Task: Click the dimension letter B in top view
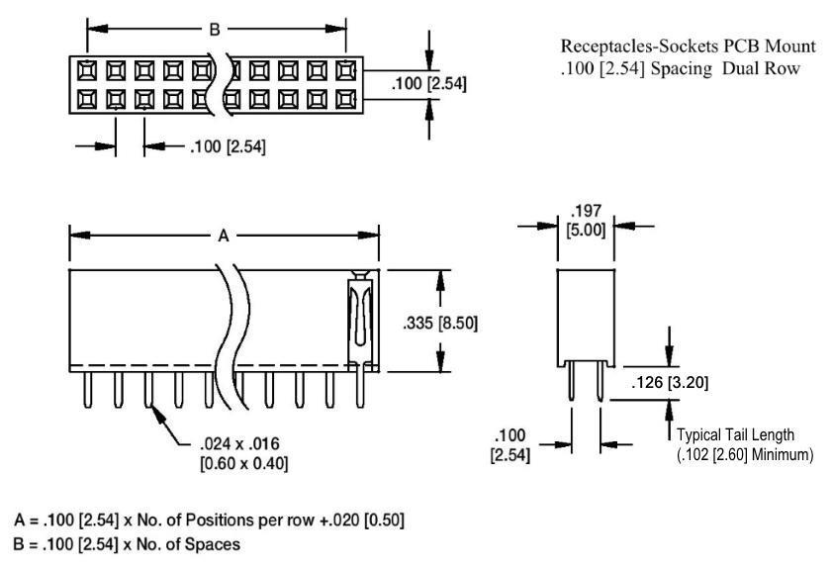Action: tap(214, 30)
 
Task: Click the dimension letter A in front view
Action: tap(224, 237)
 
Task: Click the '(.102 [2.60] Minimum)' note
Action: tap(746, 454)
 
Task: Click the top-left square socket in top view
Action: tap(85, 69)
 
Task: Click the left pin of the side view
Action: tap(570, 386)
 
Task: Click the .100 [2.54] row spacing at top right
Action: tap(429, 84)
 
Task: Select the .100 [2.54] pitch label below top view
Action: tap(227, 148)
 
